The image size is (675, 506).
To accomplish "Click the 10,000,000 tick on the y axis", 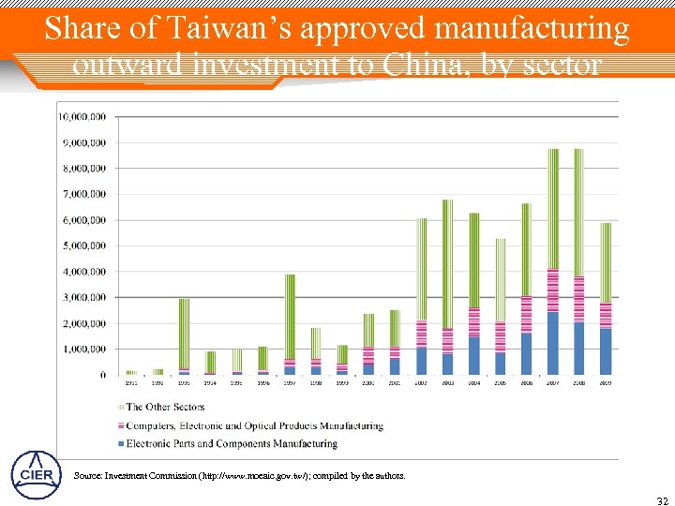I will pos(82,117).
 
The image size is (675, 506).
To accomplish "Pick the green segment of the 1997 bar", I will pos(290,314).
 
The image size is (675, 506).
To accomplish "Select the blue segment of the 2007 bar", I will pos(553,343).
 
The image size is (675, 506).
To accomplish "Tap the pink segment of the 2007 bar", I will pos(553,290).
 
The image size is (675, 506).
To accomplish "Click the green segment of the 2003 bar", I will pos(447,262).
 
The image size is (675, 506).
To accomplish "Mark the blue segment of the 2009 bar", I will pos(606,351).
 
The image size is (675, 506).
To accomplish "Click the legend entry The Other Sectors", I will pos(164,407).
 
